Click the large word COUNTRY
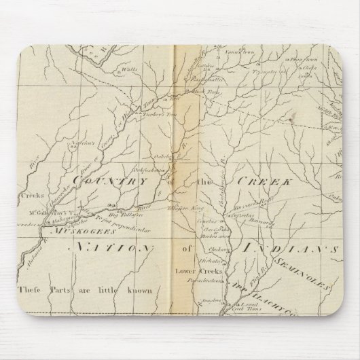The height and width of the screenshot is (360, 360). coord(111,181)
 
